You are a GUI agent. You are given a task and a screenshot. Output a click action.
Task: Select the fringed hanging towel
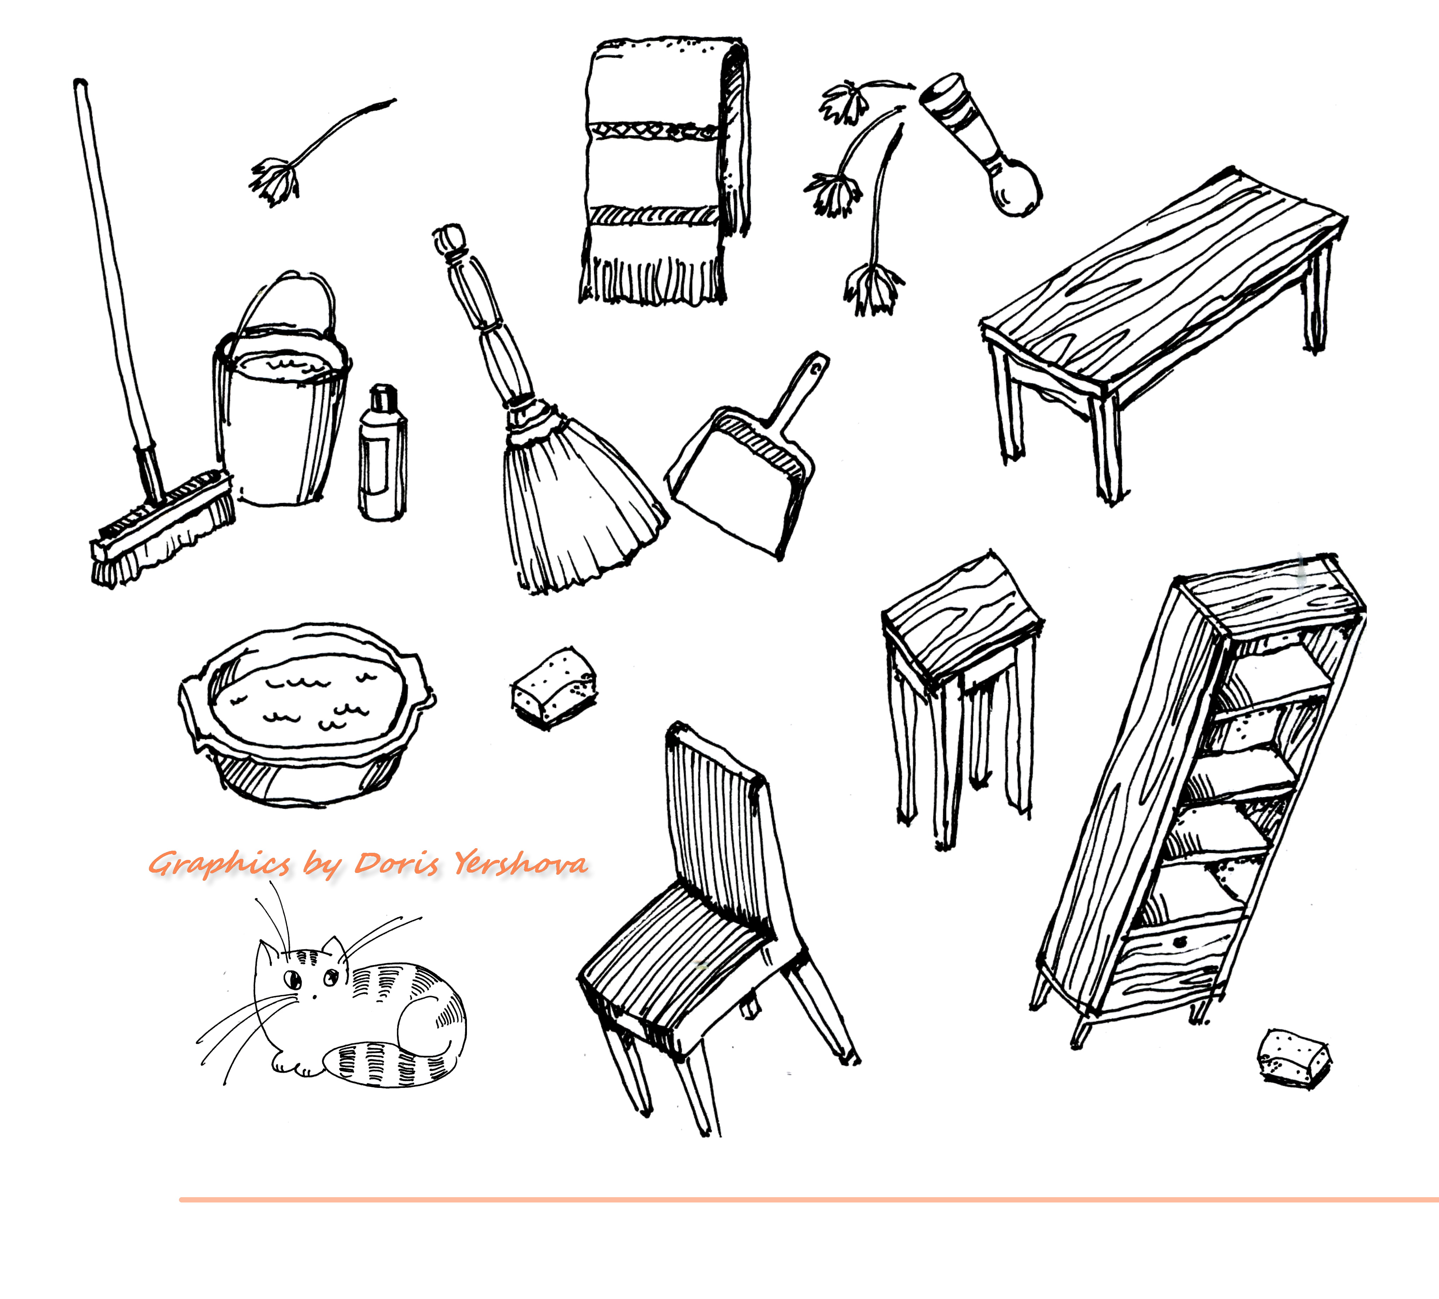coord(664,171)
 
